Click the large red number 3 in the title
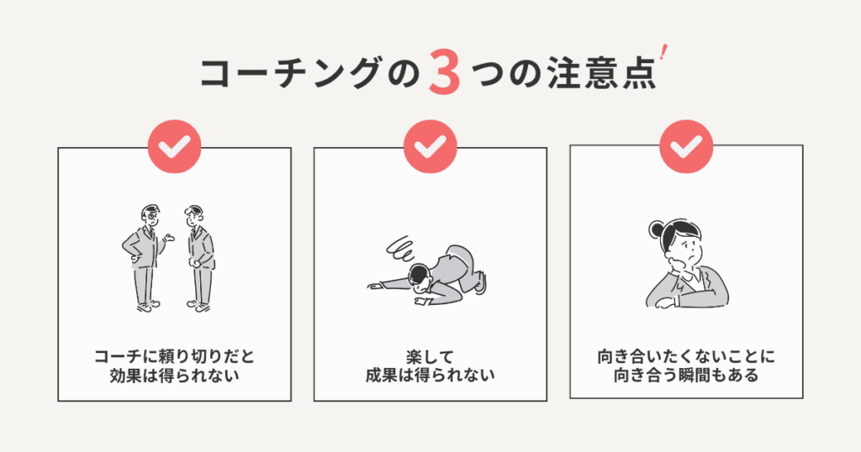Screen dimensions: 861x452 coord(444,73)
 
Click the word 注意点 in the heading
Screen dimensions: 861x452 coord(601,73)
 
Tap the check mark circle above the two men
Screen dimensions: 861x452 coord(175,146)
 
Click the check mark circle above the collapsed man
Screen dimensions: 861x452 coord(430,146)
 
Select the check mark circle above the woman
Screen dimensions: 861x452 coord(686,146)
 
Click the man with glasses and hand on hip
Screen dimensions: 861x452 coord(145,259)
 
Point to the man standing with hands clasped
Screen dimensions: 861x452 coord(199,259)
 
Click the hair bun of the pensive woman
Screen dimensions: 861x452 coord(656,229)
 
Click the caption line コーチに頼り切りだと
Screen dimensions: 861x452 coord(175,356)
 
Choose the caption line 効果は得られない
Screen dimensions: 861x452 coord(175,376)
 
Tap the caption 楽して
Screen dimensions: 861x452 coord(430,356)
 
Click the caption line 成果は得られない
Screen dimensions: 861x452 coord(430,376)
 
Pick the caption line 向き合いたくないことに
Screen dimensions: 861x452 coord(686,356)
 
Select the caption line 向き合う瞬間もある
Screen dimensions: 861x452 coord(686,376)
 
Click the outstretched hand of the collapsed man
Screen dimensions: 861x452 coord(375,286)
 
